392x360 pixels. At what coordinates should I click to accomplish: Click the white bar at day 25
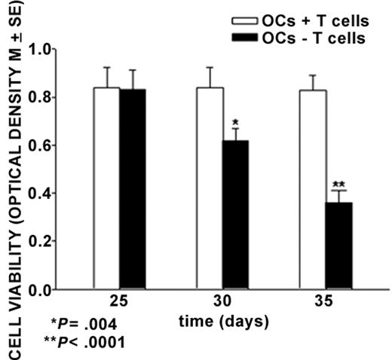[x=106, y=188]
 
